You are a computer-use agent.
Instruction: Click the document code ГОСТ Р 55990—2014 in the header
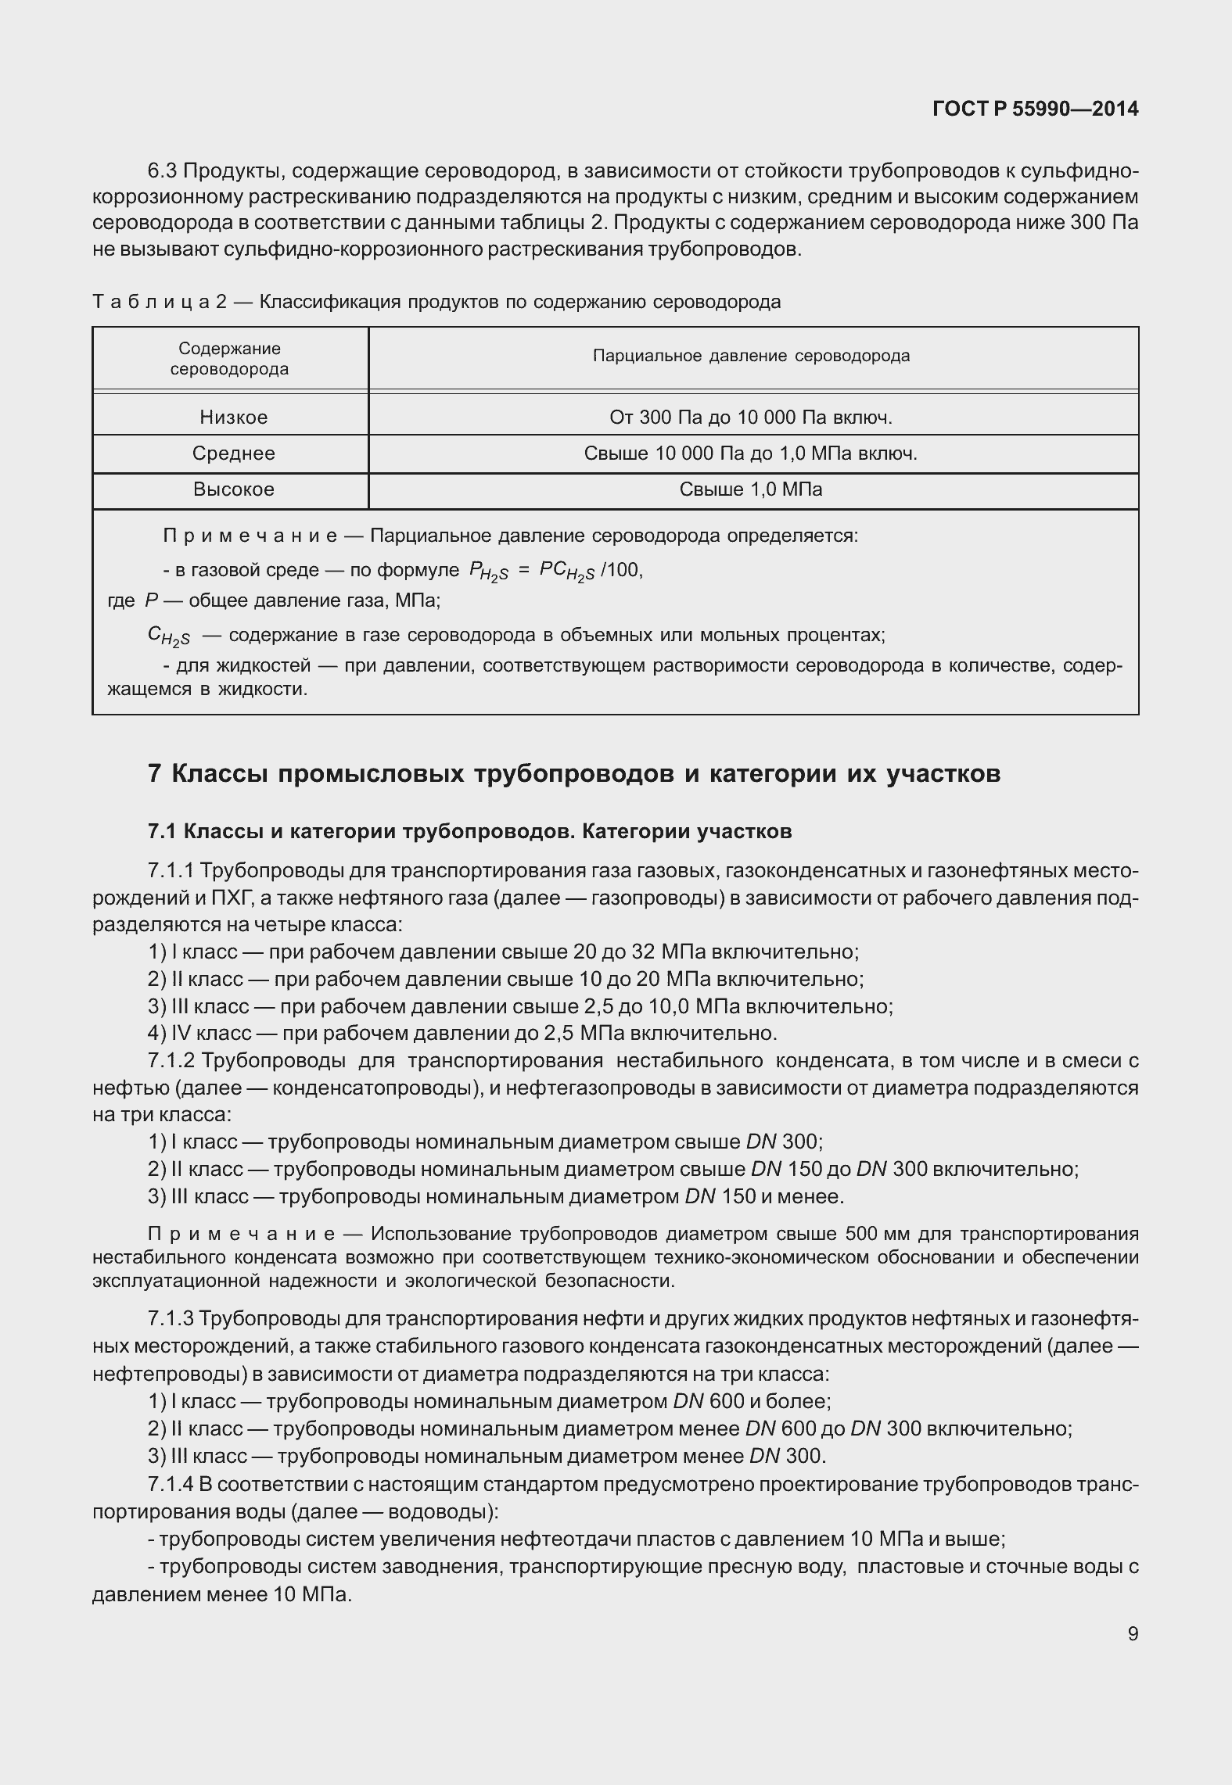click(1035, 109)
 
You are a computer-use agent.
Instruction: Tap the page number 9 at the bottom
click(1133, 1633)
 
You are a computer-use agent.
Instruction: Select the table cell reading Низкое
click(233, 418)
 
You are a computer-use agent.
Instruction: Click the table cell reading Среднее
click(233, 453)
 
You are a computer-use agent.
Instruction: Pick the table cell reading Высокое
click(233, 489)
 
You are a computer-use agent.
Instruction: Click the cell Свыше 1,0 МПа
click(750, 489)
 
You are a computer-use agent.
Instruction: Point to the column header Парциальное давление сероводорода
click(750, 357)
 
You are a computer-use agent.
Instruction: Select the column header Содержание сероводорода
click(228, 359)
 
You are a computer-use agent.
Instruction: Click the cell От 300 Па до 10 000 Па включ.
click(750, 418)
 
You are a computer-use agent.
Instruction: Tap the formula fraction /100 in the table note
click(623, 570)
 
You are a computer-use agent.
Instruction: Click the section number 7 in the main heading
click(155, 773)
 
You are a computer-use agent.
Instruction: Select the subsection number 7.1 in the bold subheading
click(162, 831)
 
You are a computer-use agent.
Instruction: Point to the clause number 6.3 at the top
click(162, 170)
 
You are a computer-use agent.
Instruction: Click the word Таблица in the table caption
click(149, 302)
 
